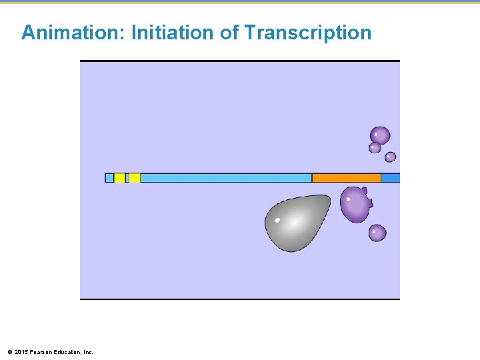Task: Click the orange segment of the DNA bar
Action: tap(346, 178)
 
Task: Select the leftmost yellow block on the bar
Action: tap(119, 178)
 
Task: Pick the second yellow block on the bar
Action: tap(134, 178)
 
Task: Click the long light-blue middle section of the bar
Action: tap(225, 178)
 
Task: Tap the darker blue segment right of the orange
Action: tap(390, 178)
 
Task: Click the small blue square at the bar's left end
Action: tap(109, 178)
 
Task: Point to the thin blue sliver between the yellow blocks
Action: tap(127, 178)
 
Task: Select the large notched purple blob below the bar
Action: tap(355, 203)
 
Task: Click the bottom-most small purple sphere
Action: tap(377, 233)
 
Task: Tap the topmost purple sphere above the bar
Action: tap(380, 135)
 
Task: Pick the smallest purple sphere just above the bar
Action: tap(390, 157)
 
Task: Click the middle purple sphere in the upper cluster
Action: tap(375, 148)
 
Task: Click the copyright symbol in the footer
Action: tap(9, 352)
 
